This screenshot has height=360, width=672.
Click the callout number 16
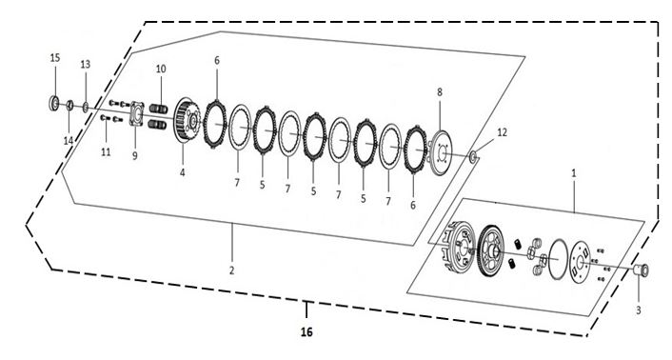[x=306, y=331]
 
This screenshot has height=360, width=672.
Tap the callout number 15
[x=55, y=58]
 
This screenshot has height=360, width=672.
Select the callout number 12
[x=502, y=132]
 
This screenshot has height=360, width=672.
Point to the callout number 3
[x=638, y=310]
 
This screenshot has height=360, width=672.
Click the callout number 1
[x=574, y=173]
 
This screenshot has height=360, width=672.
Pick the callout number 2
[x=232, y=270]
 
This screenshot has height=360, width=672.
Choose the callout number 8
[x=440, y=91]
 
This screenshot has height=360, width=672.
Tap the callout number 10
[x=161, y=69]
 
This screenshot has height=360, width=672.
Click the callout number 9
[x=134, y=156]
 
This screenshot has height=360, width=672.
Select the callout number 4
[x=182, y=172]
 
